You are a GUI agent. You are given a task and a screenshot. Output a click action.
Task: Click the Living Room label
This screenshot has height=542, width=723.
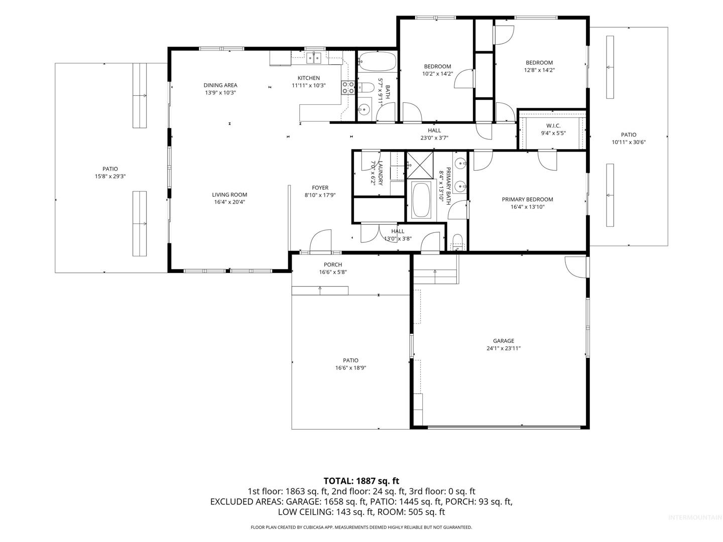coord(229,195)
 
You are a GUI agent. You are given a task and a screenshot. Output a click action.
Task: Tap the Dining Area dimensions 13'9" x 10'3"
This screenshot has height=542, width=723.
coord(220,92)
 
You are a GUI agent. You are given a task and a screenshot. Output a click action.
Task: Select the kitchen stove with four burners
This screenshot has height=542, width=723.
coord(348,87)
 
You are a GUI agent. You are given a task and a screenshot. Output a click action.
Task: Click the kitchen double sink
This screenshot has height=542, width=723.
coord(314,58)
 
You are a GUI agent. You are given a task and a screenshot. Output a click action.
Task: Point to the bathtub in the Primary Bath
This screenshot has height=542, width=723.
coord(421,200)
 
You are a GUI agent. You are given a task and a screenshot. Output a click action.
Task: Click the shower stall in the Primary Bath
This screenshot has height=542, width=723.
coord(420,165)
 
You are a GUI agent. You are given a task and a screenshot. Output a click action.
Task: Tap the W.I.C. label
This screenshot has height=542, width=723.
coord(553,125)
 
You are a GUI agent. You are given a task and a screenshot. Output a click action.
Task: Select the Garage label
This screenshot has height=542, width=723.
coord(503,341)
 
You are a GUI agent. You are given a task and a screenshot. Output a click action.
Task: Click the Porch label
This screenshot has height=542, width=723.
coord(333,264)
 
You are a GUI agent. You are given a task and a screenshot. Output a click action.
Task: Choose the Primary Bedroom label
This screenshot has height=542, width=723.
coord(527,199)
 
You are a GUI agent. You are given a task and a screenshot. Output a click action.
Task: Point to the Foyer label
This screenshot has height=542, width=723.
coord(320,188)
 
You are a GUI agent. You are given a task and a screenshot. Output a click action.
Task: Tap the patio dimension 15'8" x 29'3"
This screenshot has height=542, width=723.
coord(110,176)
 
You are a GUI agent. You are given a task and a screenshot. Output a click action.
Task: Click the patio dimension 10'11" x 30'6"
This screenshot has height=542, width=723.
coord(629,142)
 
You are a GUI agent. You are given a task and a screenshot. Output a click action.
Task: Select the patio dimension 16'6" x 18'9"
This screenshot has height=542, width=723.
coord(350,368)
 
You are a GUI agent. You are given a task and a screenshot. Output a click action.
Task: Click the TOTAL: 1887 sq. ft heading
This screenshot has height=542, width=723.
coord(361,481)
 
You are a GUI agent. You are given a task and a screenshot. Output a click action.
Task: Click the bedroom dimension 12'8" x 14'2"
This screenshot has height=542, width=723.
coord(539,70)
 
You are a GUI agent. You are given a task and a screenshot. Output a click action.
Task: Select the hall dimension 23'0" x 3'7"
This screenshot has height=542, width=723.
coord(434,138)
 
